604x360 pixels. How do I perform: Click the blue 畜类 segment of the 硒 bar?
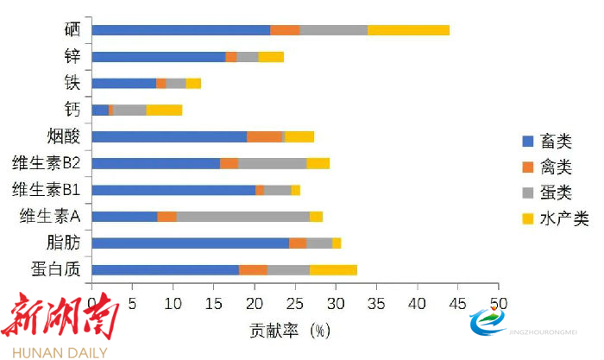(x=180, y=30)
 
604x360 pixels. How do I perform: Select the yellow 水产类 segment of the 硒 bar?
(x=408, y=30)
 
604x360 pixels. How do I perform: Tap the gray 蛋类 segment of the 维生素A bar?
(x=242, y=217)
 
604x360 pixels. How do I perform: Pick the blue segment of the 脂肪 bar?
(x=190, y=243)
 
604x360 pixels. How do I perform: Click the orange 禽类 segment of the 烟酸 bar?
(x=264, y=136)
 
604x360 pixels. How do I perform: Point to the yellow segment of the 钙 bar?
(x=164, y=110)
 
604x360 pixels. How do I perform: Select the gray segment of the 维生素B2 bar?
(x=272, y=163)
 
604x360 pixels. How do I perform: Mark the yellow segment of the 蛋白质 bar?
(x=333, y=270)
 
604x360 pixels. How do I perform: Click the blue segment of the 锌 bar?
(x=158, y=57)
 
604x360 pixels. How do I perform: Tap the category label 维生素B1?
(x=47, y=190)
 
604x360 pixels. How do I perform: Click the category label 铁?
(x=72, y=83)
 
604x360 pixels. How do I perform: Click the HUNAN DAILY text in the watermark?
(x=53, y=351)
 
